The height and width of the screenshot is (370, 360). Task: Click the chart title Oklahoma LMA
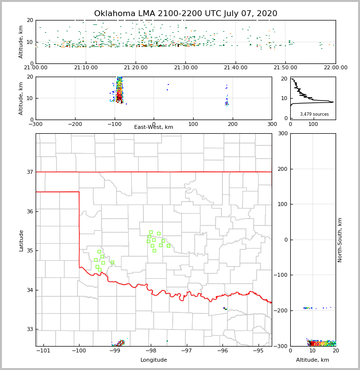tap(185, 14)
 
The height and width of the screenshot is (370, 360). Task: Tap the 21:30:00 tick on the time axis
tap(186, 67)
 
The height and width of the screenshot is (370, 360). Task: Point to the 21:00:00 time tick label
tap(36, 67)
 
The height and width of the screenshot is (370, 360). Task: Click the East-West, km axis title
tap(154, 127)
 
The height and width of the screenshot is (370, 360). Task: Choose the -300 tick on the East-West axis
tap(36, 124)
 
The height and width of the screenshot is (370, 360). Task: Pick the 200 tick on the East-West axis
tap(232, 124)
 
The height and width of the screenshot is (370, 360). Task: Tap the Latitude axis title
tap(21, 240)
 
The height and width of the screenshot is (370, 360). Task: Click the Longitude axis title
tap(154, 360)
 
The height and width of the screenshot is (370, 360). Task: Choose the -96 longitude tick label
tap(222, 351)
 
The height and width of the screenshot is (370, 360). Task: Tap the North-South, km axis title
tap(340, 240)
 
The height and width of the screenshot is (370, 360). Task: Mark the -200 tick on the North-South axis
tap(281, 310)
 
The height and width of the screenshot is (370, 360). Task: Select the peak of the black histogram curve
tap(333, 102)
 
